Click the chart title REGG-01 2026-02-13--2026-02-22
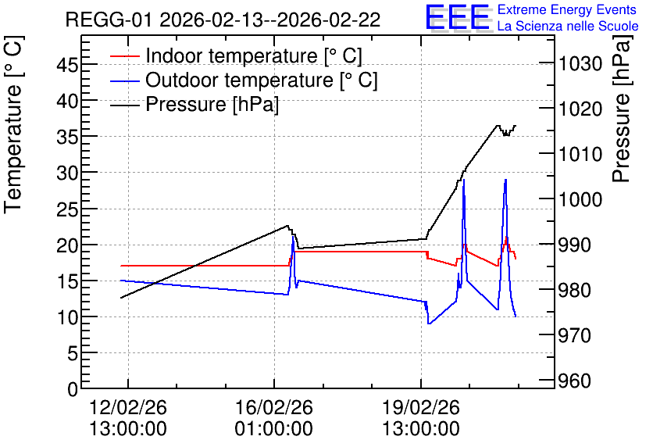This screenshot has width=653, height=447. tap(223, 20)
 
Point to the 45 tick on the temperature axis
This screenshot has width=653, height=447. tap(67, 65)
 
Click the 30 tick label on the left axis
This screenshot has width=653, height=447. tap(67, 173)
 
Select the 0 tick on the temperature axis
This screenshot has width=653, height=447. tap(73, 389)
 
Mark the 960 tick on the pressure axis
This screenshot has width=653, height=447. tap(575, 381)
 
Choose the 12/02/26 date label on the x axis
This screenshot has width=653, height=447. tap(128, 407)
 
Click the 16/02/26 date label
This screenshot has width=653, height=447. tap(274, 407)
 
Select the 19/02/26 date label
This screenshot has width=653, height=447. tap(421, 407)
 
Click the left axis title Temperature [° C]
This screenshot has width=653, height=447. tap(13, 125)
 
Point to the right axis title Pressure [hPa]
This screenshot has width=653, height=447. tap(622, 109)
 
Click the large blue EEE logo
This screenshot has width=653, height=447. tap(458, 17)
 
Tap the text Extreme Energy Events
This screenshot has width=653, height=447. tap(567, 9)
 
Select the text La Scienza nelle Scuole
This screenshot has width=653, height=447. tap(568, 26)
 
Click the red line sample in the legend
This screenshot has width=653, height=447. tap(124, 56)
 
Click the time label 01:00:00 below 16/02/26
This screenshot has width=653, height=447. tap(274, 428)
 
